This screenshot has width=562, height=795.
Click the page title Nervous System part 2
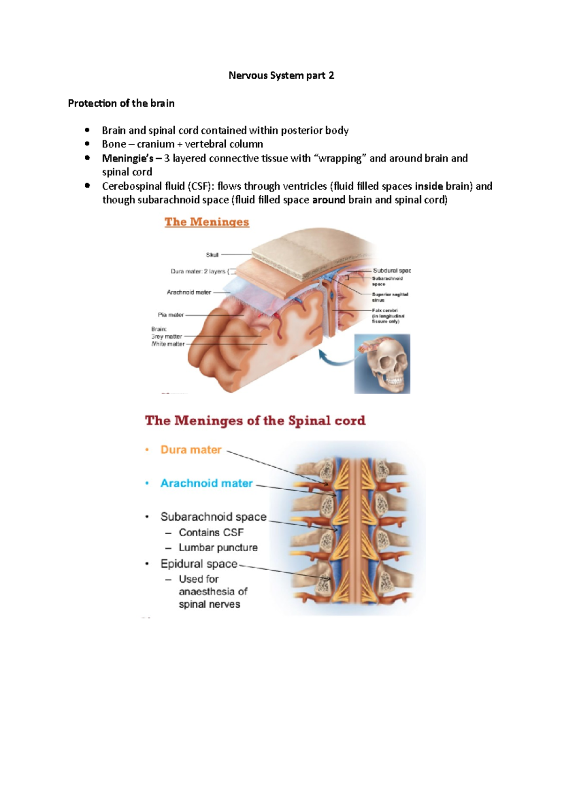[281, 75]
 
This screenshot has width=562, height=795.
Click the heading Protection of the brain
[121, 103]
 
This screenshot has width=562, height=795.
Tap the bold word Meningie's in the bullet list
[127, 158]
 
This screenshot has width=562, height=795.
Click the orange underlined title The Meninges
[207, 222]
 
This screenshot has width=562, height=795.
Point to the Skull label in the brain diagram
[212, 255]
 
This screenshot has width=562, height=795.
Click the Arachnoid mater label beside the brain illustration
[189, 292]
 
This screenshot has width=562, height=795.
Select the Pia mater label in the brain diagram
[171, 315]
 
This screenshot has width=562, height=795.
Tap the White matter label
[168, 344]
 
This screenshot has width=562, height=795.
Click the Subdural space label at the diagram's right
[392, 271]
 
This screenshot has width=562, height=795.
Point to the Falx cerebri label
[385, 310]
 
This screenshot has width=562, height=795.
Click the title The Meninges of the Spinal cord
[255, 420]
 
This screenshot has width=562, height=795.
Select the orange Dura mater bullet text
[191, 449]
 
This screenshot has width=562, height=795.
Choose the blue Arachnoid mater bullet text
[207, 483]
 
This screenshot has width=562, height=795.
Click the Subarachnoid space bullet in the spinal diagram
[213, 516]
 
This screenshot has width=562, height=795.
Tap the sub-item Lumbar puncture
[218, 547]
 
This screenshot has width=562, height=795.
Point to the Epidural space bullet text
[199, 564]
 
